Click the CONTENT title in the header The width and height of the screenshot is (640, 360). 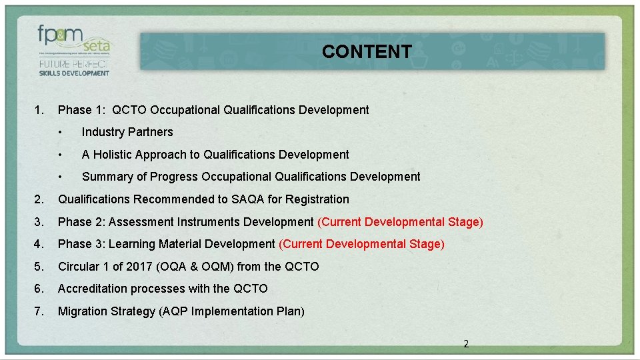tap(367, 51)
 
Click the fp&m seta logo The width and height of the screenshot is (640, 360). tap(73, 42)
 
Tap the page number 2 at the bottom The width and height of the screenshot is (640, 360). tap(466, 344)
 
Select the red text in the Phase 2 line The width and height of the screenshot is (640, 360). tap(400, 222)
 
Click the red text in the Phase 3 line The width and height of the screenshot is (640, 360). tap(361, 244)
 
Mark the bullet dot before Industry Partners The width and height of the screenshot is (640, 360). tap(60, 132)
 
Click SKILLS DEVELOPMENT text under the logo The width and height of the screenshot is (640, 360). tap(73, 73)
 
